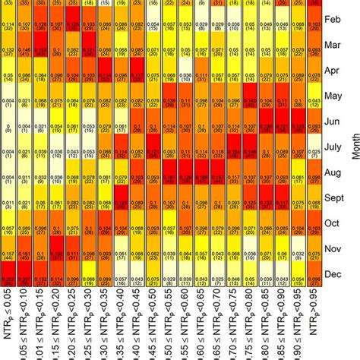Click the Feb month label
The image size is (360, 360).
[x=332, y=19]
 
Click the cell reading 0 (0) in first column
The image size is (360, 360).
[x=8, y=128]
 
